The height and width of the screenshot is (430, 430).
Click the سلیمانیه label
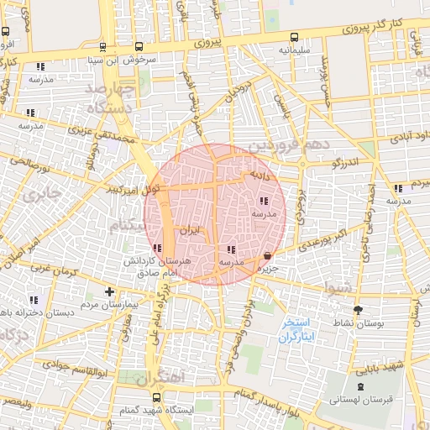[295, 50]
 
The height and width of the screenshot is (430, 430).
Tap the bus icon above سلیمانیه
[294, 37]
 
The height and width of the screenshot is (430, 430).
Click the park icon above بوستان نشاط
[358, 309]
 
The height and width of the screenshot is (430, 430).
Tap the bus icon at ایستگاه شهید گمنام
[155, 397]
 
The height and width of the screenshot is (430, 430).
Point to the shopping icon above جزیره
[267, 255]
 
